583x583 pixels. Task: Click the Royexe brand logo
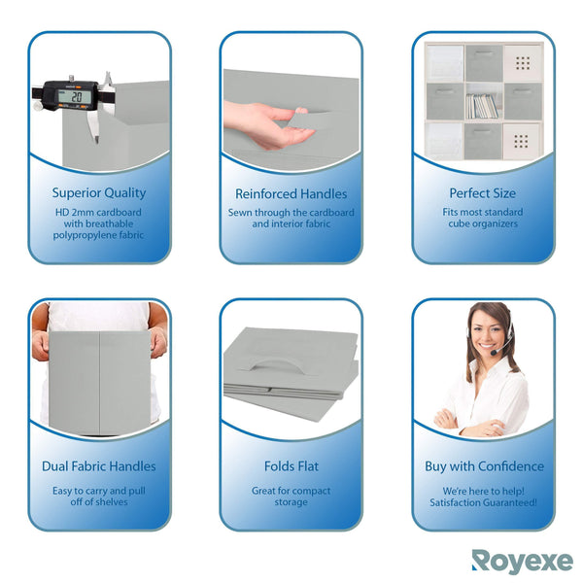[522, 562]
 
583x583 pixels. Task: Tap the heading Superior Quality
[99, 193]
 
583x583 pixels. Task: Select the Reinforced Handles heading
[291, 193]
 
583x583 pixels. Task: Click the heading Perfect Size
[483, 193]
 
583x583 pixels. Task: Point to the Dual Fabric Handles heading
[99, 466]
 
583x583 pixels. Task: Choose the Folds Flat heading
[291, 466]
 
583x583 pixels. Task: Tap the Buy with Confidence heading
[483, 466]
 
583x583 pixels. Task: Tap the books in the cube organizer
[483, 105]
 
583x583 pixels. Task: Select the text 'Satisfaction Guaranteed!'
[483, 502]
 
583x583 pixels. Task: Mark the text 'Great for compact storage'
[291, 497]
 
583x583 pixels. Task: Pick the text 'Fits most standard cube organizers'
[483, 218]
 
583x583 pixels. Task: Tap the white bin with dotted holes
[522, 64]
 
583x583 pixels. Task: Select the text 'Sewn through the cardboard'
[291, 212]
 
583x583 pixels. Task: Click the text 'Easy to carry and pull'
[99, 491]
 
